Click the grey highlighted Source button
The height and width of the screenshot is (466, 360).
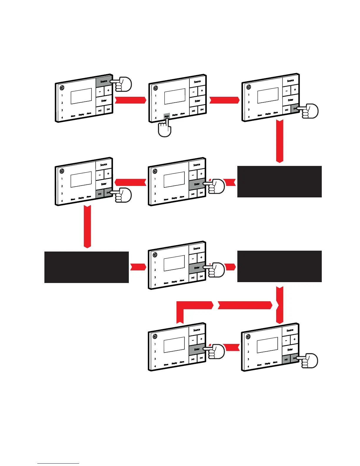click(104, 81)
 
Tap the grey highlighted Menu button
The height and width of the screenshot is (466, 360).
click(167, 116)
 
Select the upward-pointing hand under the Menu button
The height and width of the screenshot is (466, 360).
click(164, 129)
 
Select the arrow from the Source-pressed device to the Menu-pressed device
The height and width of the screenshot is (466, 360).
click(130, 100)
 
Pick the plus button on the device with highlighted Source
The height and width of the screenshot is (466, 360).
click(108, 91)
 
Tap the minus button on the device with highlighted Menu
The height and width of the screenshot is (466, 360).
click(193, 91)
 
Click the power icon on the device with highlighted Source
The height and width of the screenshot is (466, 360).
click(61, 88)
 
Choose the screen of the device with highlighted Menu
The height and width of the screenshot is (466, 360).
click(175, 96)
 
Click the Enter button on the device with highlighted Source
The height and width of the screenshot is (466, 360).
click(104, 101)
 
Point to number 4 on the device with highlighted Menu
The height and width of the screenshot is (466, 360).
click(156, 118)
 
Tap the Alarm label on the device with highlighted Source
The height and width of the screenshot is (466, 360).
click(89, 113)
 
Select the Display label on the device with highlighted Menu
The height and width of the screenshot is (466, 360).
click(175, 115)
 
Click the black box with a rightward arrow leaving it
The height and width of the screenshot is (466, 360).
click(86, 267)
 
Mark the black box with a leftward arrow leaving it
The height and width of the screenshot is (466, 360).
click(279, 182)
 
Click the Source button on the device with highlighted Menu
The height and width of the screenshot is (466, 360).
click(197, 82)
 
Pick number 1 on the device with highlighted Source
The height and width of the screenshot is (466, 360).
click(62, 95)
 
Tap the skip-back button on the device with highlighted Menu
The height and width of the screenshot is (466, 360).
click(193, 111)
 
